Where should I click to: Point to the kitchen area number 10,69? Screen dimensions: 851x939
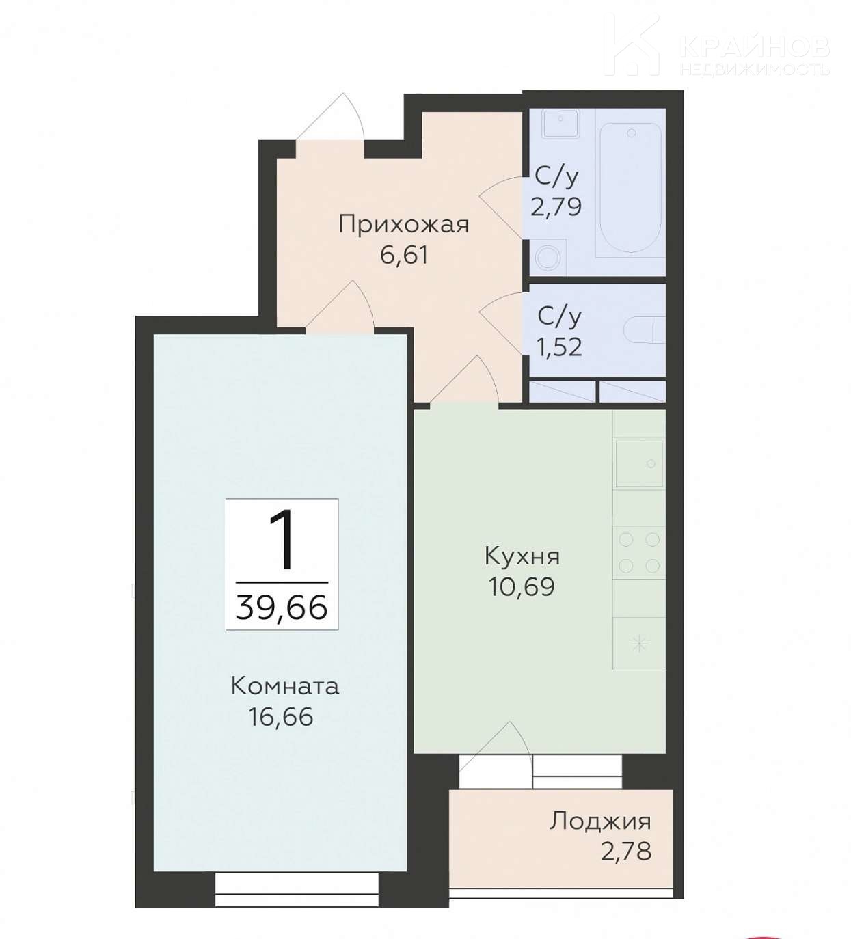click(x=522, y=586)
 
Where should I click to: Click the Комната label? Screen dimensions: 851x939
click(x=285, y=688)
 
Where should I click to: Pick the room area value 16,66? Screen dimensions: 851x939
click(x=281, y=717)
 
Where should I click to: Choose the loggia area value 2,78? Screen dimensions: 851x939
click(x=626, y=852)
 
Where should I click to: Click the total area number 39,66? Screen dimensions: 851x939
click(x=282, y=608)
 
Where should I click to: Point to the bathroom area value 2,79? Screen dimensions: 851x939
click(x=556, y=206)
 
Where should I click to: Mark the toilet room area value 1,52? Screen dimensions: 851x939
click(x=560, y=347)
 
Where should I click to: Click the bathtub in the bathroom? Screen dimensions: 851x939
click(x=630, y=187)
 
